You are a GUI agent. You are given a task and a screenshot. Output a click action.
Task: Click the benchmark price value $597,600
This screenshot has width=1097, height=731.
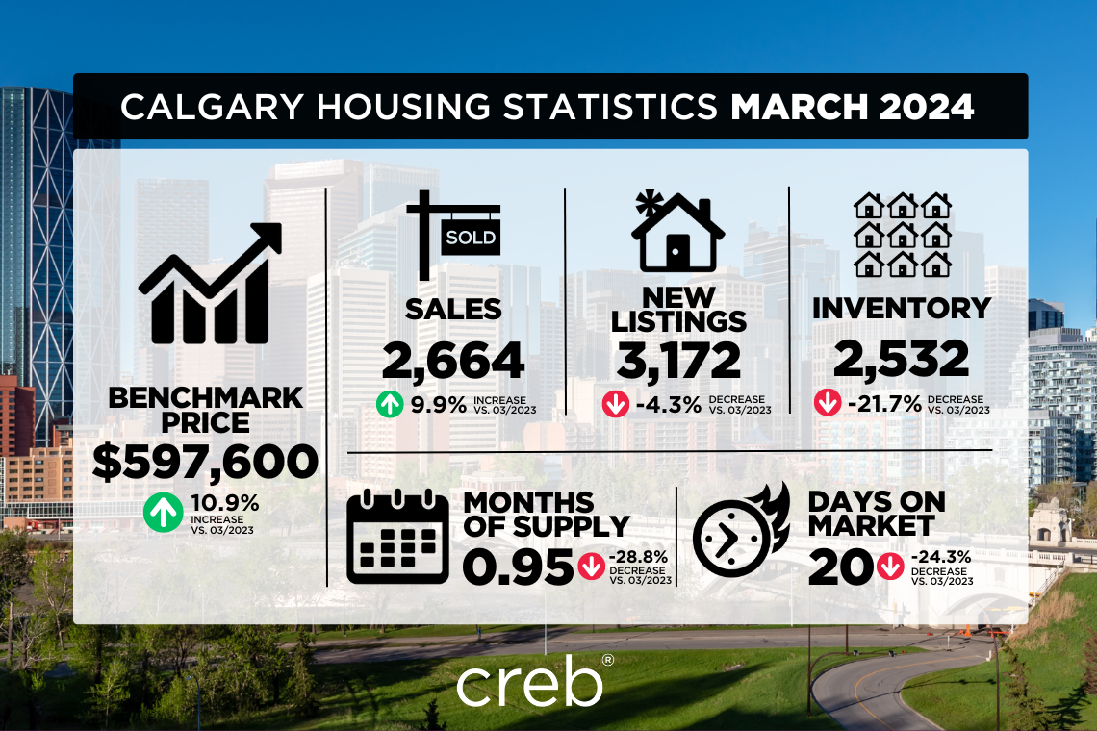(205, 463)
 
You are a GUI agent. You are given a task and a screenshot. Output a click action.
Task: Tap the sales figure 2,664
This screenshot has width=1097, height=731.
(453, 360)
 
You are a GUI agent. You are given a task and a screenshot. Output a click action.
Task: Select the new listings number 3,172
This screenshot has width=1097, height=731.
(678, 360)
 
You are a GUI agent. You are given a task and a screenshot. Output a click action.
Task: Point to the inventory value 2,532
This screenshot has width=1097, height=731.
(901, 360)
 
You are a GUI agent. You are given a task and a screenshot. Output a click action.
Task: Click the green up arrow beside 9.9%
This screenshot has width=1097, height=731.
(390, 404)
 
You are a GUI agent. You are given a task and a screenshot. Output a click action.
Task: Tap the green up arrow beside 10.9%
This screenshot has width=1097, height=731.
(162, 513)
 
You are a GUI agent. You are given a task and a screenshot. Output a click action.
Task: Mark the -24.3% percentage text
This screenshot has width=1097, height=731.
(941, 556)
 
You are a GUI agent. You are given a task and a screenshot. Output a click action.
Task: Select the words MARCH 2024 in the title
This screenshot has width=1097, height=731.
(853, 108)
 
